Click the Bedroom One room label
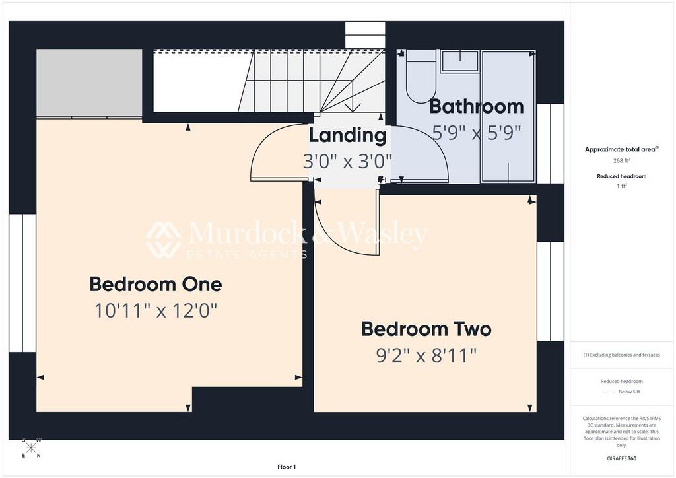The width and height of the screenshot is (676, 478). coord(156,285)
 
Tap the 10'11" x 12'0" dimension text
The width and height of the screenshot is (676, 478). coord(156,310)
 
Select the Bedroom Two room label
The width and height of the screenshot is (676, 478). coord(426,329)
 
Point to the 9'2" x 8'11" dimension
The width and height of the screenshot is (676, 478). coord(426,356)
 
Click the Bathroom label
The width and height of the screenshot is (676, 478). coord(476,106)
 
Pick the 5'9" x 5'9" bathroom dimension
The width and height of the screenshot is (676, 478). coord(476,133)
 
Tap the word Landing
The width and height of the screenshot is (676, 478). coord(347,135)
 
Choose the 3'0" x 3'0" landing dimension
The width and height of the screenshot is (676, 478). coord(347,161)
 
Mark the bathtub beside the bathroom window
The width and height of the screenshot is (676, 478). coord(507,116)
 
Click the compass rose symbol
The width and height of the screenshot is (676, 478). coord(31,448)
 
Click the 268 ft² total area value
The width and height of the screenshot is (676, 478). coord(622,160)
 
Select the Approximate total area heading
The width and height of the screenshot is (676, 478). coord(621,149)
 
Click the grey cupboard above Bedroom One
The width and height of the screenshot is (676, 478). coord(88,83)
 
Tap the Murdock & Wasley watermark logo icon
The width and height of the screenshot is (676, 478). coord(163,240)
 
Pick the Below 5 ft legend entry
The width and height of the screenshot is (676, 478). coord(630,392)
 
